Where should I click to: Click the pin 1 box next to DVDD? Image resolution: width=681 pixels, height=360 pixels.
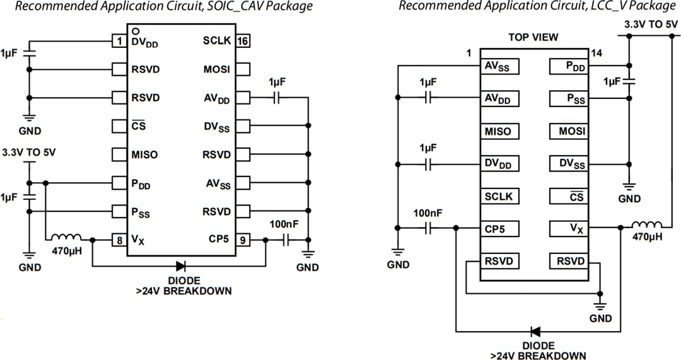(119, 41)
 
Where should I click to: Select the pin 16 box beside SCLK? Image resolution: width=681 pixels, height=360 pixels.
(243, 41)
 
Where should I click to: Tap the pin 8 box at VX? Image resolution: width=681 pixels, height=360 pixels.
(119, 240)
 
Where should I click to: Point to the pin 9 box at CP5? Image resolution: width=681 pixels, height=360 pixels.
(243, 240)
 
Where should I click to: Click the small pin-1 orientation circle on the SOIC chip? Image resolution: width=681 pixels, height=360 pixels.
(135, 30)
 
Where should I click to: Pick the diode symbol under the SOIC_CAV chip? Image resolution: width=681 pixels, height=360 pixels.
(181, 267)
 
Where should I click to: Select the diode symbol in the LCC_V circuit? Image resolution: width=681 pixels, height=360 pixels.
(535, 331)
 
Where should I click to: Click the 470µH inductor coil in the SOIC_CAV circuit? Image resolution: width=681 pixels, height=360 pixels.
(66, 238)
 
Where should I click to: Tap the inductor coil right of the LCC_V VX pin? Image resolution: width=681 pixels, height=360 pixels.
(646, 225)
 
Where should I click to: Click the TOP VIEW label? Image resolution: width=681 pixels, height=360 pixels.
(533, 37)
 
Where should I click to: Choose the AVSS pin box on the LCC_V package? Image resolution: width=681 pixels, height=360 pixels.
(499, 66)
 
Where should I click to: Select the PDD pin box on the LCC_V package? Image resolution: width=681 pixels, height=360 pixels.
(568, 66)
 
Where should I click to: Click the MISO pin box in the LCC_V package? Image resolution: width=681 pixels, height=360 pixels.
(499, 131)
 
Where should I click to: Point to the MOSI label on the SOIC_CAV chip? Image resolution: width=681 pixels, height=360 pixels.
(216, 69)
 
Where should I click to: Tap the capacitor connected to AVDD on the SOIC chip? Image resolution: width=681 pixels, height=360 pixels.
(277, 98)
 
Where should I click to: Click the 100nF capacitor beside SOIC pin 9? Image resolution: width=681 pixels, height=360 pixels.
(287, 240)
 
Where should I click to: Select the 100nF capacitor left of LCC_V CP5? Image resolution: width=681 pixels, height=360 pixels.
(428, 228)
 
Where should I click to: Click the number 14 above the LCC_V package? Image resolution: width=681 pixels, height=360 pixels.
(597, 54)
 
